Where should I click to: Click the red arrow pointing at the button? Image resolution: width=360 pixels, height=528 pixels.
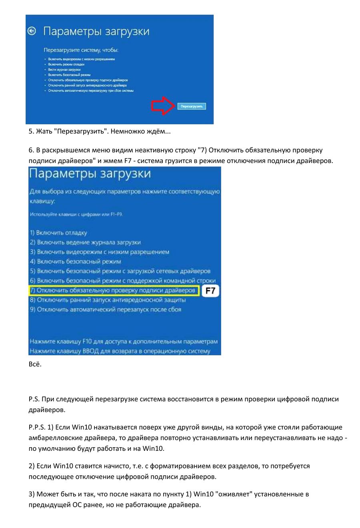[x=163, y=106]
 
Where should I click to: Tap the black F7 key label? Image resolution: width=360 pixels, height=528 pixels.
[x=210, y=291]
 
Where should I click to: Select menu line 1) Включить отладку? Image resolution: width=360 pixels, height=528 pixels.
[x=58, y=233]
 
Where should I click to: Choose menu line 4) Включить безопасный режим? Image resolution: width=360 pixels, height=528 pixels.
[x=75, y=261]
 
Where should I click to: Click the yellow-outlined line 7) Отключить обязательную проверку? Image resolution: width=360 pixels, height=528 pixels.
[x=114, y=291]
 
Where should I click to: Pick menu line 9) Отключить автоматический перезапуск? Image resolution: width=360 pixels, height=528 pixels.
[x=106, y=309]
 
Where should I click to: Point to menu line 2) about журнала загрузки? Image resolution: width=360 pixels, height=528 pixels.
[x=85, y=242]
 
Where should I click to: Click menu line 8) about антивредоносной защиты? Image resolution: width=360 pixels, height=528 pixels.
[x=108, y=300]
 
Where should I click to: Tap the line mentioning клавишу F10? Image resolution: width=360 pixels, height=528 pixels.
[x=124, y=342]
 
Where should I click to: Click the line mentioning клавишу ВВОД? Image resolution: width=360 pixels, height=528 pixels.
[x=120, y=351]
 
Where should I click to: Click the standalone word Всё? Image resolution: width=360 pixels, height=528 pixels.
[x=35, y=364]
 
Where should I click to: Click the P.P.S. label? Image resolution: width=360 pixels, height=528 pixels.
[x=38, y=427]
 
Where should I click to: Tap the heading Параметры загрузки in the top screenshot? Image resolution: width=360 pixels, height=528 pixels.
[x=96, y=31]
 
